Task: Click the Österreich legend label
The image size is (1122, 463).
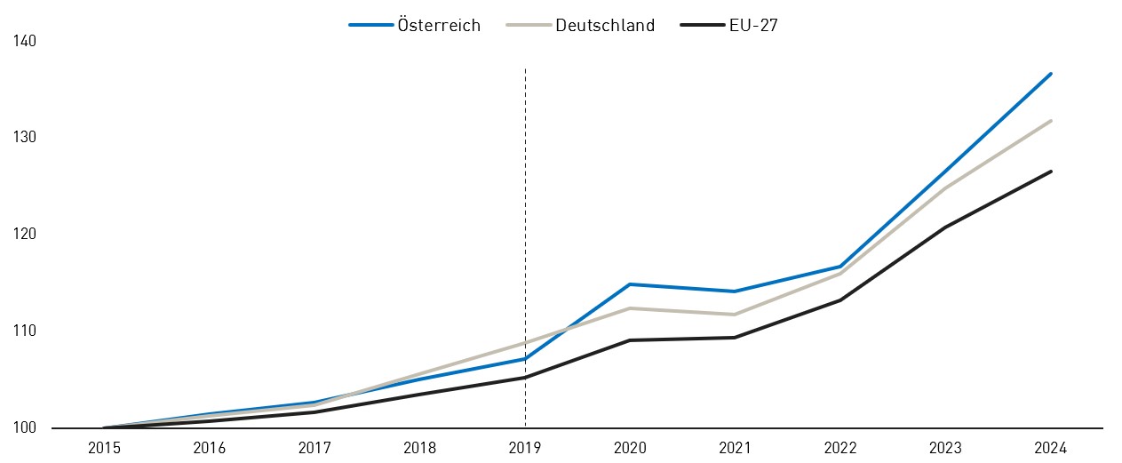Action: tap(438, 26)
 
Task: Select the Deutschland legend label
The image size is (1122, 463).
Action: tap(605, 26)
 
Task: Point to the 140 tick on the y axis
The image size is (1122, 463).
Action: tap(24, 41)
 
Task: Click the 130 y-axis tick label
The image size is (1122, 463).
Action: tap(24, 138)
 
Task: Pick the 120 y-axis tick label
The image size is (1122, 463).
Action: tap(24, 235)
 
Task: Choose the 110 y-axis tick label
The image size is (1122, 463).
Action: tap(24, 331)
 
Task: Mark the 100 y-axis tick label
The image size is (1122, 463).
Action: tap(24, 427)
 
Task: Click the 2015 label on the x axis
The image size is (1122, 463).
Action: tap(104, 449)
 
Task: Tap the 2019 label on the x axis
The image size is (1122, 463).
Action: tap(525, 449)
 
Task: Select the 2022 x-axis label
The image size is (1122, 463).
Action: tap(840, 449)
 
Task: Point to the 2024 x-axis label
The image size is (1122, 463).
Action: tap(1051, 449)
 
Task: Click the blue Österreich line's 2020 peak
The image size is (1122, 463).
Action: tap(630, 284)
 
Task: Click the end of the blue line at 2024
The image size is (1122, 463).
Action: tap(1051, 74)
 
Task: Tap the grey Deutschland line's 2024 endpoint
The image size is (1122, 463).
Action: tap(1051, 121)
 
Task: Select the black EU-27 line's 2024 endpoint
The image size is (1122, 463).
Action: tap(1051, 172)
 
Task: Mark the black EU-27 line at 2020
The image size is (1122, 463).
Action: tap(630, 340)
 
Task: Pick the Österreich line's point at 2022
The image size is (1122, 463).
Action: tap(840, 267)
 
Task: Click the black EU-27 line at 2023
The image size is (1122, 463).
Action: tap(945, 228)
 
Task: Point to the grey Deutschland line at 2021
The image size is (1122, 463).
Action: tap(736, 315)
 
